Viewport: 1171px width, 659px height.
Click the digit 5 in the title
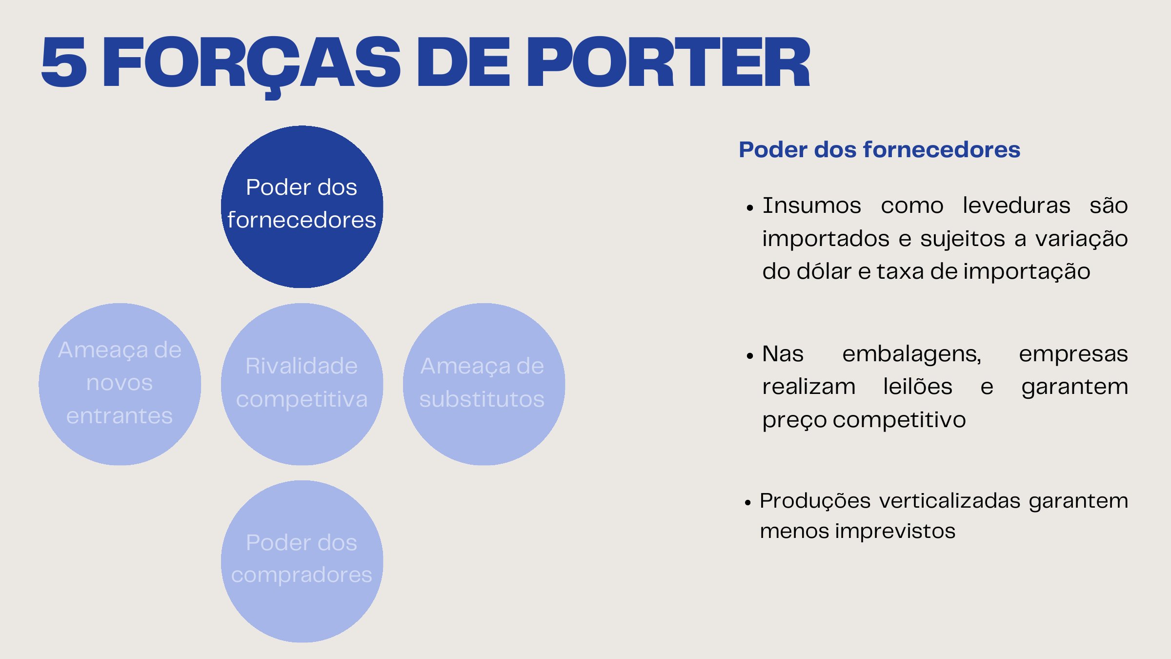[x=64, y=62]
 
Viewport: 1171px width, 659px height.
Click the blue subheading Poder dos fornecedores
[x=879, y=149]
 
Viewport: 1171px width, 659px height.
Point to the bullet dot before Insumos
[x=750, y=208]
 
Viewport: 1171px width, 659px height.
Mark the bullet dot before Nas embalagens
[x=750, y=356]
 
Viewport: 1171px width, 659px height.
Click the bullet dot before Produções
[x=748, y=503]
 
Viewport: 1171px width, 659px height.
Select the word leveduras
[x=1016, y=206]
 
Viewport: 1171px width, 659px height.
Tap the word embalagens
[x=911, y=354]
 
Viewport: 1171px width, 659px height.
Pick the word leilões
[x=918, y=387]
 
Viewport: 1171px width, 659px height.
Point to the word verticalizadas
[x=950, y=501]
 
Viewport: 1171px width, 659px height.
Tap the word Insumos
[x=812, y=206]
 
